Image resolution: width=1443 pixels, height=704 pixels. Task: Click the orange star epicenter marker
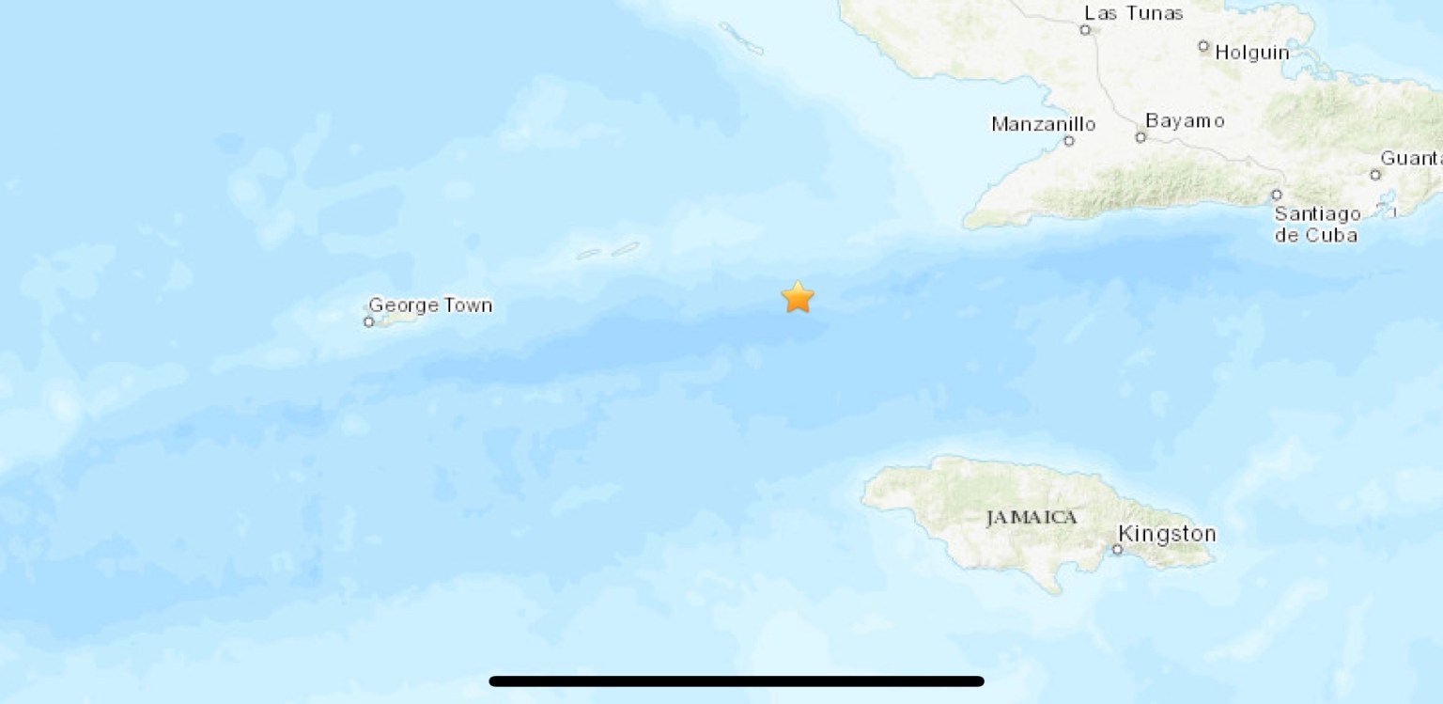tap(797, 297)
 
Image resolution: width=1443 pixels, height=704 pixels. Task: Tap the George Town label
tap(430, 305)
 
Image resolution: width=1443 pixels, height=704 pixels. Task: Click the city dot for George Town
tap(368, 322)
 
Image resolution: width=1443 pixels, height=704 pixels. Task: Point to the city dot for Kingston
tap(1118, 550)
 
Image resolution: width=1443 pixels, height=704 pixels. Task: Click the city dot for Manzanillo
tap(1068, 142)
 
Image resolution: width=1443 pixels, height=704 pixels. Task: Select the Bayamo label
tap(1185, 120)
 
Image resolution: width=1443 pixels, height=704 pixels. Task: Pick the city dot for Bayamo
tap(1140, 138)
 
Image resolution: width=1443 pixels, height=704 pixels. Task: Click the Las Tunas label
tap(1121, 13)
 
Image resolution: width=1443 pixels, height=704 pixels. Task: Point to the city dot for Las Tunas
tap(1085, 30)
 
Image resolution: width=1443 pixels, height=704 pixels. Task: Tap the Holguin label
tap(1251, 53)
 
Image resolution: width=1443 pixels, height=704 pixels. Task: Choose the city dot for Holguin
tap(1203, 46)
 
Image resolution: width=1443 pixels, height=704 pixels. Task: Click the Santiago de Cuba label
tap(1316, 225)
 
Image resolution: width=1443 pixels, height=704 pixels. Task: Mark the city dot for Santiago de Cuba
tap(1277, 196)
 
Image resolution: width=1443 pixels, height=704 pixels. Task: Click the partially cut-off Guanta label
tap(1412, 158)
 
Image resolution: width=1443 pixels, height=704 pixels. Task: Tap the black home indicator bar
tap(737, 681)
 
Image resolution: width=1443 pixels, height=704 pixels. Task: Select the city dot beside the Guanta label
tap(1375, 175)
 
